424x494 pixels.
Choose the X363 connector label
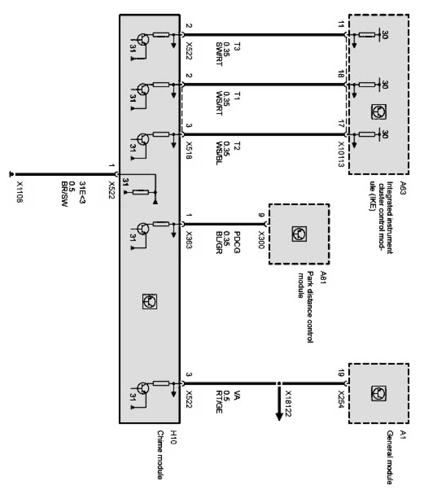click(x=189, y=240)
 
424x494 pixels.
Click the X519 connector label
click(x=189, y=151)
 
